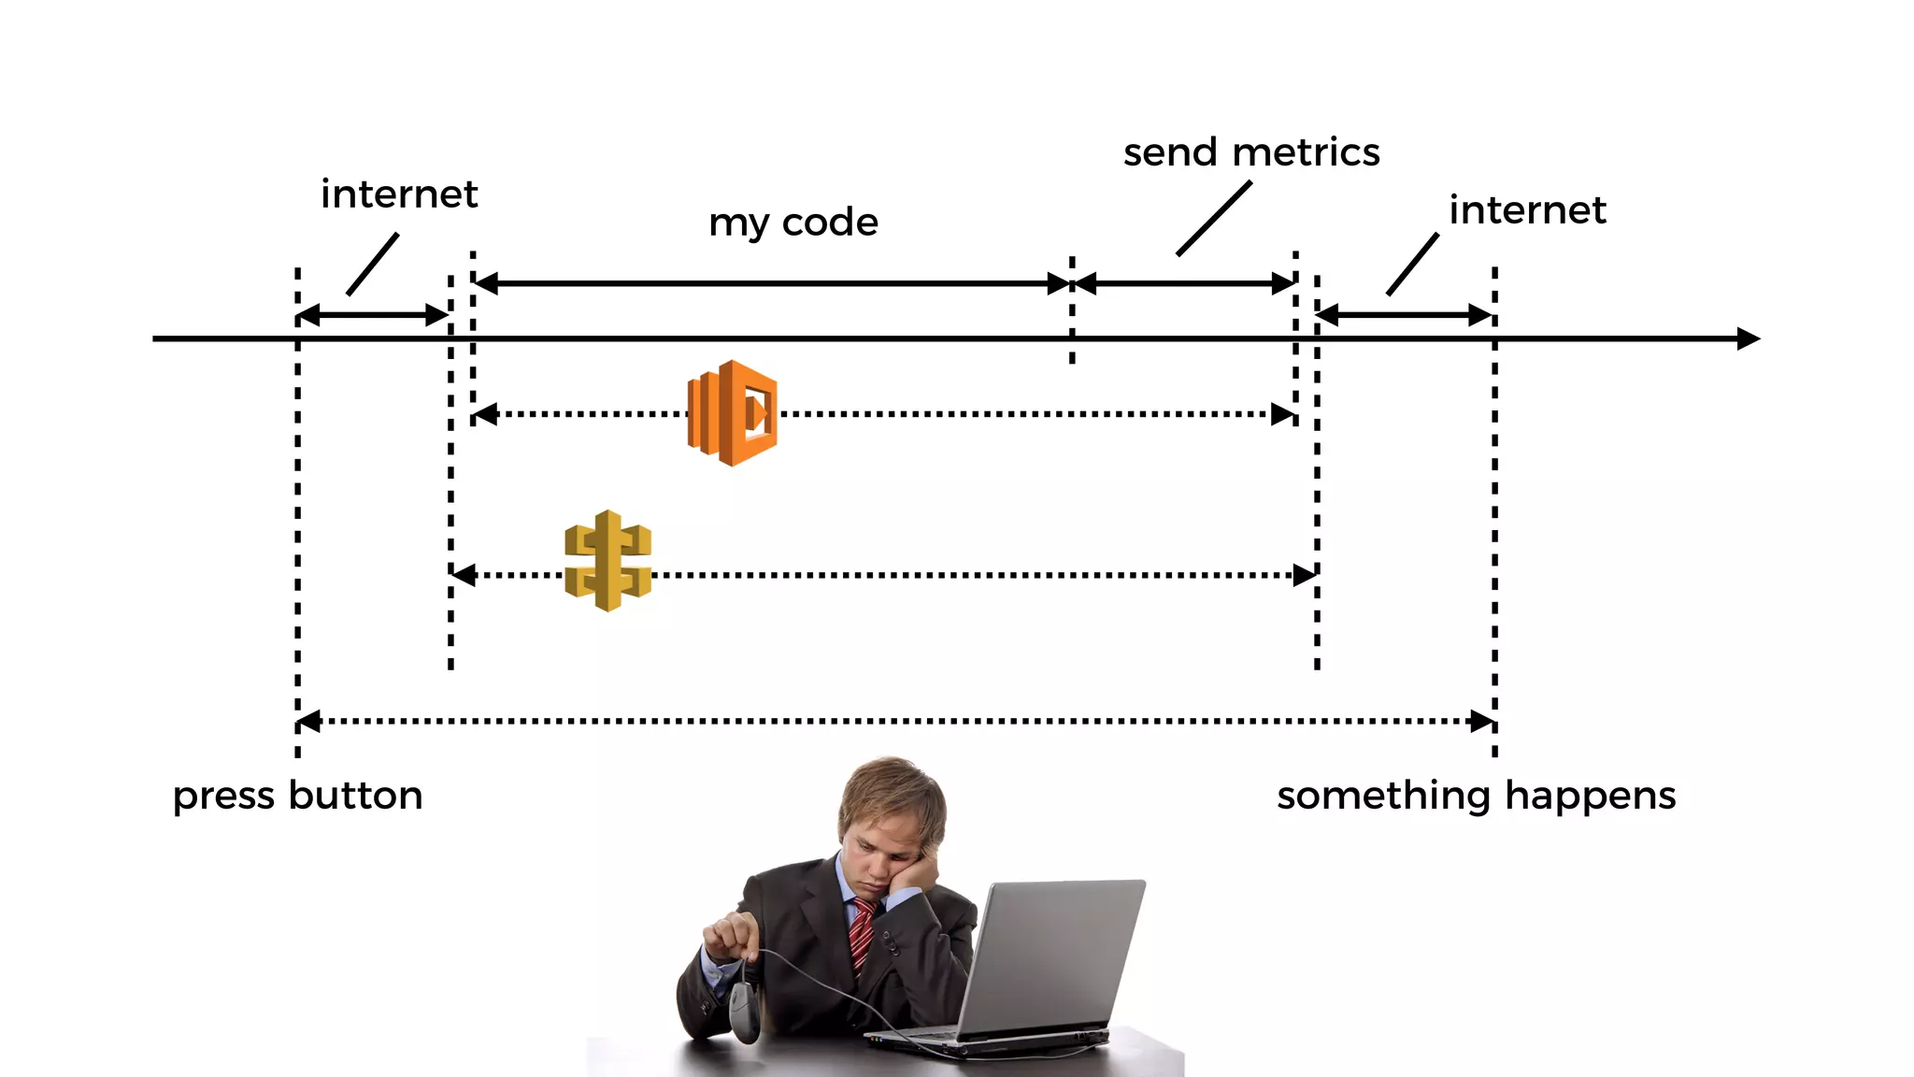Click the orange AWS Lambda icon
click(733, 412)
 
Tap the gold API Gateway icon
click(608, 560)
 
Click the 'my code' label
click(793, 223)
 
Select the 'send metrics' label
click(1250, 152)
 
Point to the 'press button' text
click(297, 797)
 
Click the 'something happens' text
click(1476, 797)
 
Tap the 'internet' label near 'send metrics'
click(1527, 209)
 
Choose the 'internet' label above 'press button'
click(399, 194)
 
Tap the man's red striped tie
click(862, 935)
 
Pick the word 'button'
click(356, 797)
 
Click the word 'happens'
click(1590, 797)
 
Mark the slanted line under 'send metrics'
click(1213, 218)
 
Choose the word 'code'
click(830, 223)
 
